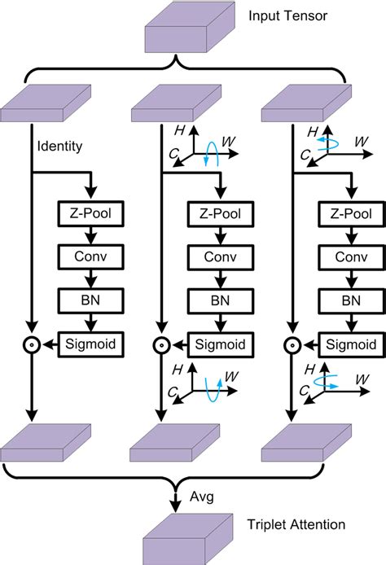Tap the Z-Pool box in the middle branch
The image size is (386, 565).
click(x=220, y=214)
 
